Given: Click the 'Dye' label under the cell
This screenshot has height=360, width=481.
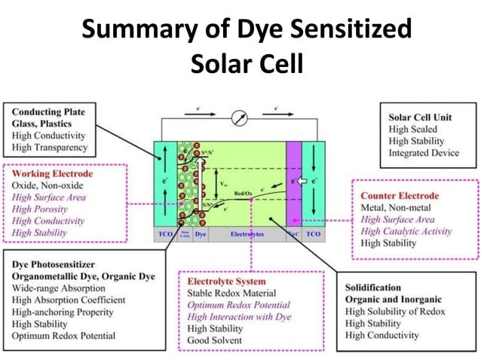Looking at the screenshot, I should click(x=201, y=235).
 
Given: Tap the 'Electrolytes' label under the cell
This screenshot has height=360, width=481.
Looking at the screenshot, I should click(x=247, y=235).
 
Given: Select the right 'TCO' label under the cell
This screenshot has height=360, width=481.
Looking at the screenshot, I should click(x=314, y=235).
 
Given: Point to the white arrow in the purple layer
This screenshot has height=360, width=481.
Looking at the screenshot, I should click(x=299, y=182).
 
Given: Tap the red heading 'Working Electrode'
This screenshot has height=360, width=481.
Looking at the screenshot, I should click(x=53, y=173).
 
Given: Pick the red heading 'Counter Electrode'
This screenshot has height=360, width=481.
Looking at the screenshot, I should click(x=400, y=196).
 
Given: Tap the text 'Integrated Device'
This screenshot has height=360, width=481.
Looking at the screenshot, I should click(x=424, y=153).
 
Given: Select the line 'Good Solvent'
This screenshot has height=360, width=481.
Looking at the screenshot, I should click(x=215, y=340).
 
